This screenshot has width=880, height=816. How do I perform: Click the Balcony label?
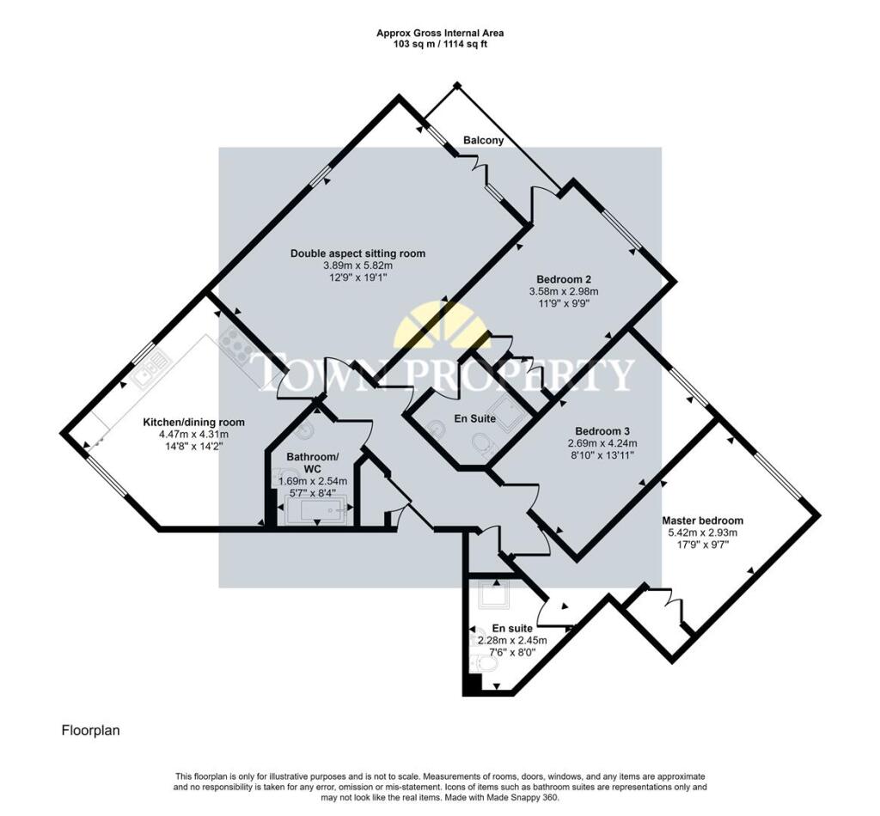[x=483, y=140]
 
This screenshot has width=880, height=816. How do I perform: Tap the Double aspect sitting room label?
[x=357, y=253]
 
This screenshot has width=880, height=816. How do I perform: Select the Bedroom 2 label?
[x=564, y=279]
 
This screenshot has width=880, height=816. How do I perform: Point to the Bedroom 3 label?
[x=602, y=431]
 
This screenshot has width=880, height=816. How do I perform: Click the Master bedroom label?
[x=702, y=521]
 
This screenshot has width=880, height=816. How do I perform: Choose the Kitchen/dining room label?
[x=194, y=423]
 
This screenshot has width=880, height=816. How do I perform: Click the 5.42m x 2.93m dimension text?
[x=702, y=533]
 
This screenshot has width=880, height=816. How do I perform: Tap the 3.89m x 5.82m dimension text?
[x=357, y=265]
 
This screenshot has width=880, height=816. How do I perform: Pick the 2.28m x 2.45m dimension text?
[x=512, y=641]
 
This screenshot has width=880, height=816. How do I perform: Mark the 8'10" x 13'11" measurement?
[x=602, y=455]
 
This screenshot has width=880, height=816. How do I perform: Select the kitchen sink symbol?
[x=151, y=368]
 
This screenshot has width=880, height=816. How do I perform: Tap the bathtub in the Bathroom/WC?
[x=317, y=510]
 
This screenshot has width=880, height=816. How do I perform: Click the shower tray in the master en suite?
[x=493, y=595]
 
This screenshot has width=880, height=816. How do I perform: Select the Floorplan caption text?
[x=90, y=731]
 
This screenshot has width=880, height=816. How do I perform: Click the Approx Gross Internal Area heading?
[x=440, y=33]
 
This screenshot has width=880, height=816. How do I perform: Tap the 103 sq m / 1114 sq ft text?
[x=440, y=44]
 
